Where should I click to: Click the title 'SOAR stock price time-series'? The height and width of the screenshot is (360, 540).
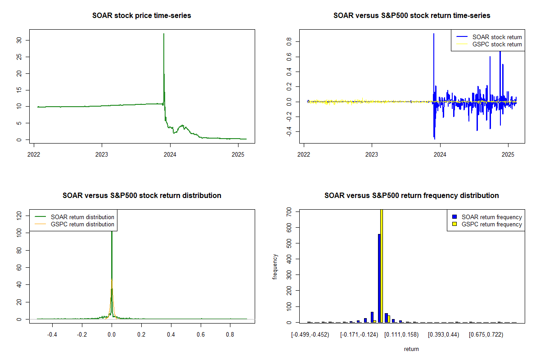point(141,16)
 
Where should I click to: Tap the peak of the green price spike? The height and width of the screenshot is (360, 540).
point(164,34)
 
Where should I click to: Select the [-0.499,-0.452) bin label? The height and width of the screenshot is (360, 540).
point(310,334)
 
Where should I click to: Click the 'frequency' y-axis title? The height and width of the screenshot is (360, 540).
point(275,266)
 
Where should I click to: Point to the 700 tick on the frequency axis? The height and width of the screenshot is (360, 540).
point(286,211)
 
